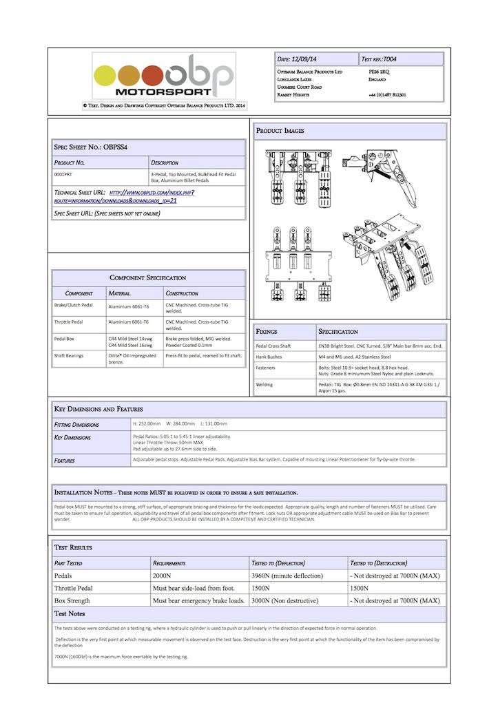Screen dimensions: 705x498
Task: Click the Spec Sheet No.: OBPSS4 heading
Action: pyautogui.click(x=90, y=147)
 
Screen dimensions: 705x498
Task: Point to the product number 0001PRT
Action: pyautogui.click(x=65, y=176)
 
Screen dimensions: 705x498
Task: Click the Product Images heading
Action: pyautogui.click(x=280, y=130)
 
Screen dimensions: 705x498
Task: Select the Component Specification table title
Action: pyautogui.click(x=148, y=277)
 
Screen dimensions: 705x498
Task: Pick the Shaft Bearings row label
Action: pyautogui.click(x=71, y=356)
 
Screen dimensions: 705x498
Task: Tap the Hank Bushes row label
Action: pyautogui.click(x=269, y=357)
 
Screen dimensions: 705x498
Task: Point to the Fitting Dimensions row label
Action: pyautogui.click(x=76, y=425)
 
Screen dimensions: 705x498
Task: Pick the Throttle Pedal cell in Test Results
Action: pyautogui.click(x=73, y=589)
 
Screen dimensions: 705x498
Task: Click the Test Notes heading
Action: pyautogui.click(x=70, y=613)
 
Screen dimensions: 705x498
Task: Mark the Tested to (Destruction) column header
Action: pyautogui.click(x=378, y=562)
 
